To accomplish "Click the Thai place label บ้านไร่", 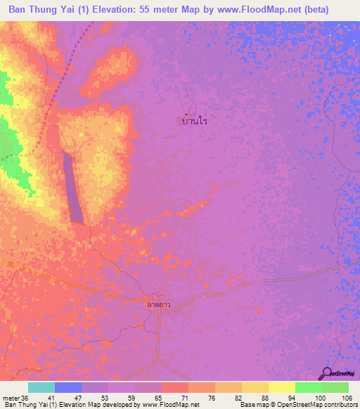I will coord(194,121).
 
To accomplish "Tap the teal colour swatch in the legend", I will coord(41,387).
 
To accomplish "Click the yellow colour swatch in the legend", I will coord(281,387).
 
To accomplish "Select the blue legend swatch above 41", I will coord(68,387).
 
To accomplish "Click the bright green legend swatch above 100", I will coord(308,387).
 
